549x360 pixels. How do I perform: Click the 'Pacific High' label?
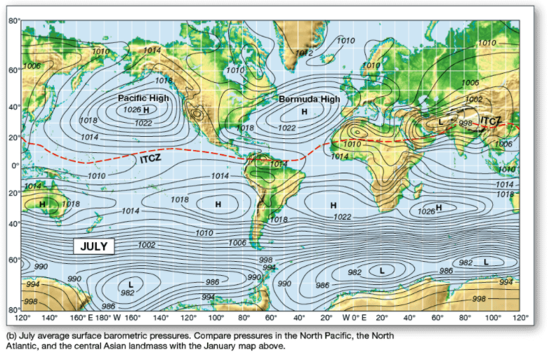[x=143, y=98]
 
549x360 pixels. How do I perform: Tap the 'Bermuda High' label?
[x=310, y=100]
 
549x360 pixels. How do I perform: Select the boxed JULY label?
[x=94, y=246]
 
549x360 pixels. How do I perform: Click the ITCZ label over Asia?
[x=491, y=121]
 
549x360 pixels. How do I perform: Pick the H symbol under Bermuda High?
[x=305, y=112]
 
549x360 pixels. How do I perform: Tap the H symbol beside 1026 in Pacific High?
[x=146, y=110]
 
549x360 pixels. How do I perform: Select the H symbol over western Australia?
[x=42, y=204]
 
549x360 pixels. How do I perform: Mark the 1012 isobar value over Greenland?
[x=304, y=53]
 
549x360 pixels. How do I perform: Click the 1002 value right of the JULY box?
[x=147, y=245]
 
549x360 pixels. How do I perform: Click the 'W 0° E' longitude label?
[x=355, y=318]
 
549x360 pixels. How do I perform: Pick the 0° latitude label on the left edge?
[x=13, y=165]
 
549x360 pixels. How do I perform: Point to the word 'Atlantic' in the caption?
[x=22, y=346]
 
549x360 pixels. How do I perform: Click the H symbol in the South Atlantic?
[x=334, y=205]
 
